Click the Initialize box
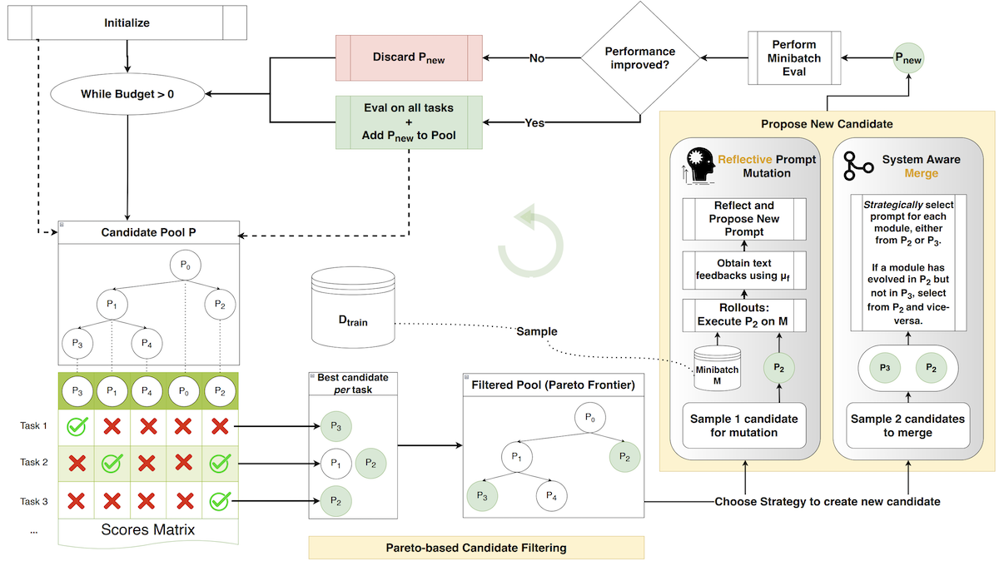(127, 22)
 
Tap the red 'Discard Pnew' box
(409, 58)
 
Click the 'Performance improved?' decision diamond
(639, 58)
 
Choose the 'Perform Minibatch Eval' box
(793, 58)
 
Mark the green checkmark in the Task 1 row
(77, 426)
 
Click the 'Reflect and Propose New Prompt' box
(743, 218)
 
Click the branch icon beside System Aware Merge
(858, 166)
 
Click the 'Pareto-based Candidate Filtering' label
(476, 547)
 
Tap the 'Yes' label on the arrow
(534, 122)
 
